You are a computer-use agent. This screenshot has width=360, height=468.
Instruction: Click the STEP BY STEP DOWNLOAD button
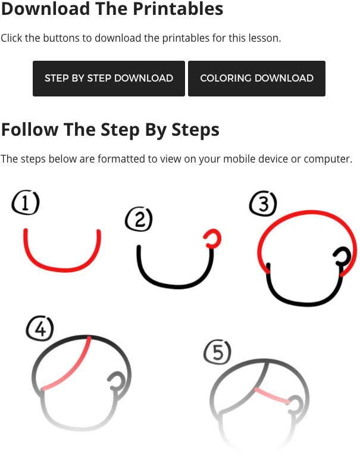[109, 79]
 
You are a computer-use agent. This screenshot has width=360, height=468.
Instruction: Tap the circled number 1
[26, 202]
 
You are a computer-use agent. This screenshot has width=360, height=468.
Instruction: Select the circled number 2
[139, 219]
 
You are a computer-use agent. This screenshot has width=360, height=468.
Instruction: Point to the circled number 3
[263, 204]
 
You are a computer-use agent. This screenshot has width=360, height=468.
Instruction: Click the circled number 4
[40, 328]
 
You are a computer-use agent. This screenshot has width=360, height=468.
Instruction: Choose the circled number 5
[217, 352]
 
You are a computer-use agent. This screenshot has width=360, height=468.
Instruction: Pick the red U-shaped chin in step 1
[62, 270]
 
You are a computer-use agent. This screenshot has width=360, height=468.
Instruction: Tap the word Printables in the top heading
[178, 8]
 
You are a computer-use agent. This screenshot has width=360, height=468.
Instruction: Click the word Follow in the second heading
[30, 130]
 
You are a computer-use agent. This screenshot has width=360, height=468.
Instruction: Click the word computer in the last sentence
[328, 159]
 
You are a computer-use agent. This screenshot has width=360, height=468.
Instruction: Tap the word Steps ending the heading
[195, 130]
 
